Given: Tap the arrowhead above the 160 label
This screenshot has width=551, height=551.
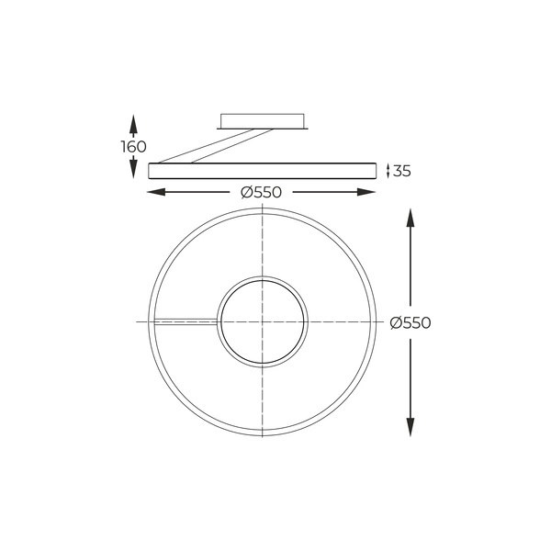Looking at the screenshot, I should pos(134,122).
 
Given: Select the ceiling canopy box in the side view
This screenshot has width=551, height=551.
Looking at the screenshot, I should pos(263,121).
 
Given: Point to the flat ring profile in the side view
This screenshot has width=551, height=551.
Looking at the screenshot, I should pos(263,170).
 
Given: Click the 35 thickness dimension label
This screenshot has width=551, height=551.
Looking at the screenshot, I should pos(401,170).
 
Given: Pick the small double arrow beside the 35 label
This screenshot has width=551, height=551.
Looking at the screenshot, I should pos(388,170).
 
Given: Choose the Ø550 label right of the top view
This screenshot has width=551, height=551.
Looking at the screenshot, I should pos(410,322).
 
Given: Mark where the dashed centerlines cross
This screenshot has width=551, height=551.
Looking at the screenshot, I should pos(263,322).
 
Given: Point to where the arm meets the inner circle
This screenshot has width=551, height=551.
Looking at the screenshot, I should pos(219,321).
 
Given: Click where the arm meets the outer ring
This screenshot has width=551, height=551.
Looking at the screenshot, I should pos(153,321).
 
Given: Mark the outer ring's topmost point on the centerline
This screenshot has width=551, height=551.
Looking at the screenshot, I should pos(263,210).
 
